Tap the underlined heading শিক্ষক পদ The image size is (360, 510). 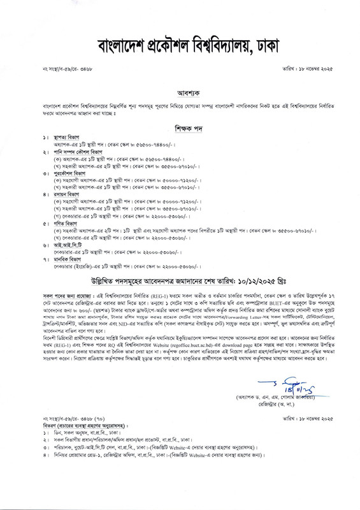point(180,126)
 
